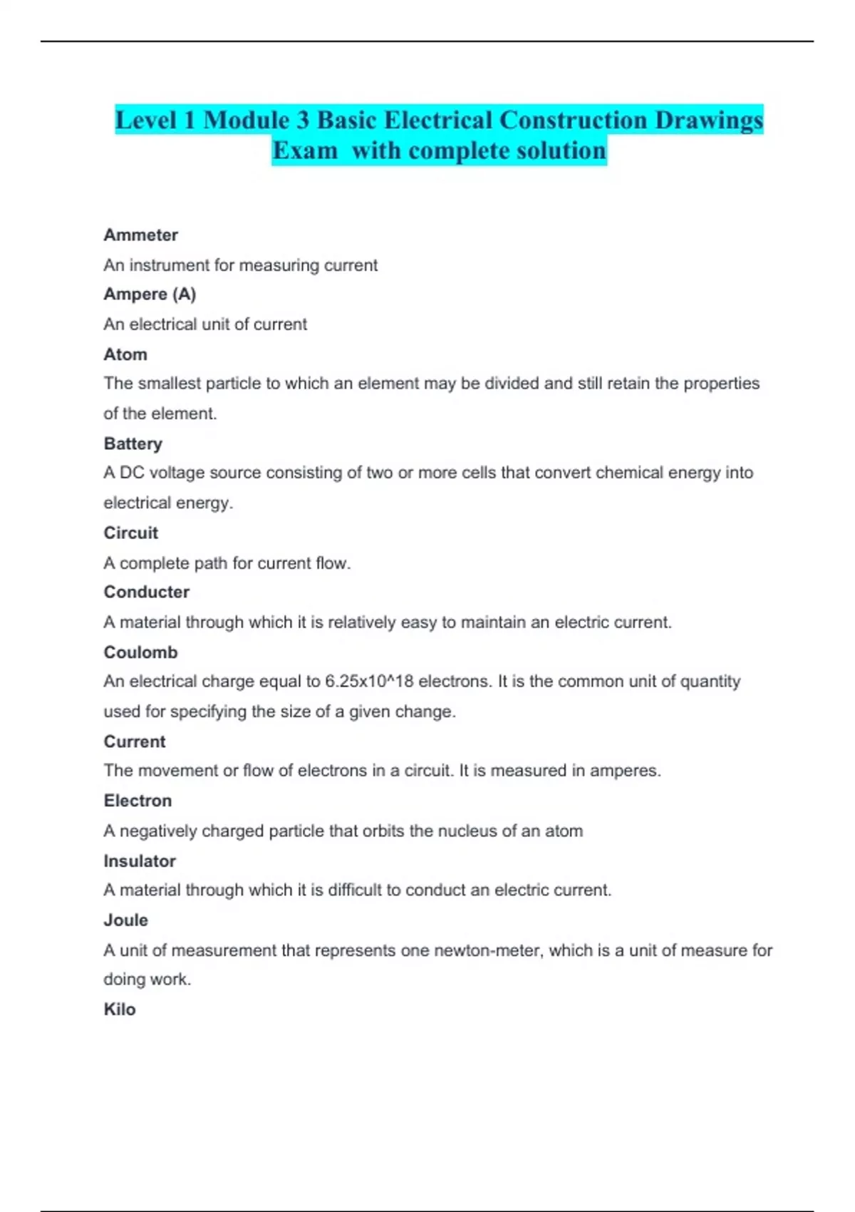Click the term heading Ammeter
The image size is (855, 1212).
pos(140,235)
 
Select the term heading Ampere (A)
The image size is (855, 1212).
pos(150,294)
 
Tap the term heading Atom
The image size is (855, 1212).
pos(125,354)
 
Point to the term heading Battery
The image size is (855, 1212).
pos(133,443)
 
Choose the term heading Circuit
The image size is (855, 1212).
pos(131,533)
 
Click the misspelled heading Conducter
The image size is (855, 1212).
pos(147,592)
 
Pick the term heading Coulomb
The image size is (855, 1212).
pos(140,652)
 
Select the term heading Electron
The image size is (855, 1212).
pos(138,801)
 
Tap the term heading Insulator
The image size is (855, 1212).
pos(140,861)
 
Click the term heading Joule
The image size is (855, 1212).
pos(126,920)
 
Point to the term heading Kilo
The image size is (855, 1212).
pos(120,1010)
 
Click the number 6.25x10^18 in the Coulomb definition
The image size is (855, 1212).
pos(369,682)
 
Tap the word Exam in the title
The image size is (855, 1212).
pos(305,151)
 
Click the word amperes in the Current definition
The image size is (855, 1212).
pos(624,771)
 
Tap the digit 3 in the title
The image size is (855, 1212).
pos(303,120)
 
